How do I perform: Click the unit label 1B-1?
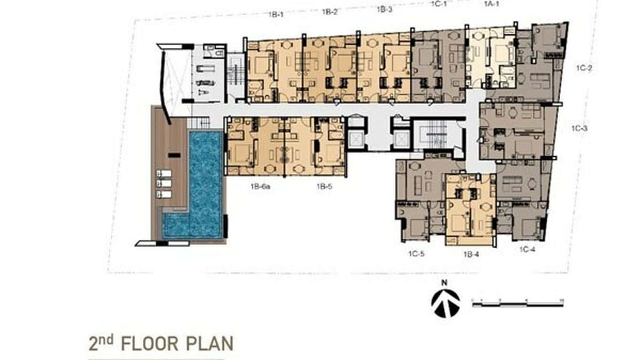(276, 14)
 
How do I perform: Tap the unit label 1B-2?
(330, 11)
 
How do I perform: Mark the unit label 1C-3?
(579, 128)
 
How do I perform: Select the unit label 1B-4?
(471, 254)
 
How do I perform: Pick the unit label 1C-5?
(416, 254)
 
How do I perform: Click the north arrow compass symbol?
(445, 302)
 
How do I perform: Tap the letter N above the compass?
(444, 283)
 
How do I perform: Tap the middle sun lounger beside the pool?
(164, 183)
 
